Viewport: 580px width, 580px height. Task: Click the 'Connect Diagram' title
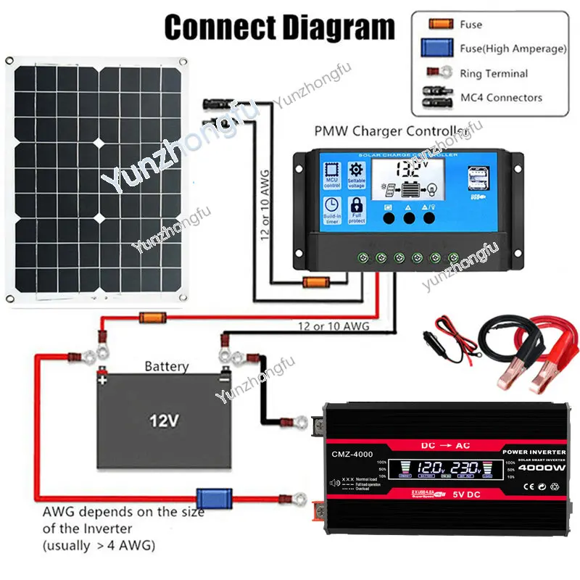tap(279, 27)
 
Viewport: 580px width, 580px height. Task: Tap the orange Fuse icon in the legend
tap(437, 25)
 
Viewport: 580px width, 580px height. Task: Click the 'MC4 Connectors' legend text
tap(501, 97)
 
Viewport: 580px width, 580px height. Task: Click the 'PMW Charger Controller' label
tap(389, 131)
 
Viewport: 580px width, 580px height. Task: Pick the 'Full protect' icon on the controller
tap(356, 211)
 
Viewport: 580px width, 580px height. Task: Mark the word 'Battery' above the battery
tap(166, 367)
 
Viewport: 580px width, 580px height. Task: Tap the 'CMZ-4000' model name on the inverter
tap(353, 455)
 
